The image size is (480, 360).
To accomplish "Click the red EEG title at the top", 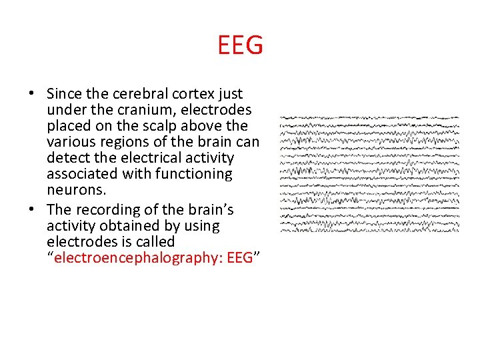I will click(240, 46).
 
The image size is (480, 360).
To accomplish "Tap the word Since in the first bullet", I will click(65, 94).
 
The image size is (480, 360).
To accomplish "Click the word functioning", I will click(194, 174).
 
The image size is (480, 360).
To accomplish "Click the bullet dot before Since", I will click(33, 95).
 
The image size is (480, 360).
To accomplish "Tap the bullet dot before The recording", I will click(33, 211).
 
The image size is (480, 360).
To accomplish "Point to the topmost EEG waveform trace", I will click(369, 118).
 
